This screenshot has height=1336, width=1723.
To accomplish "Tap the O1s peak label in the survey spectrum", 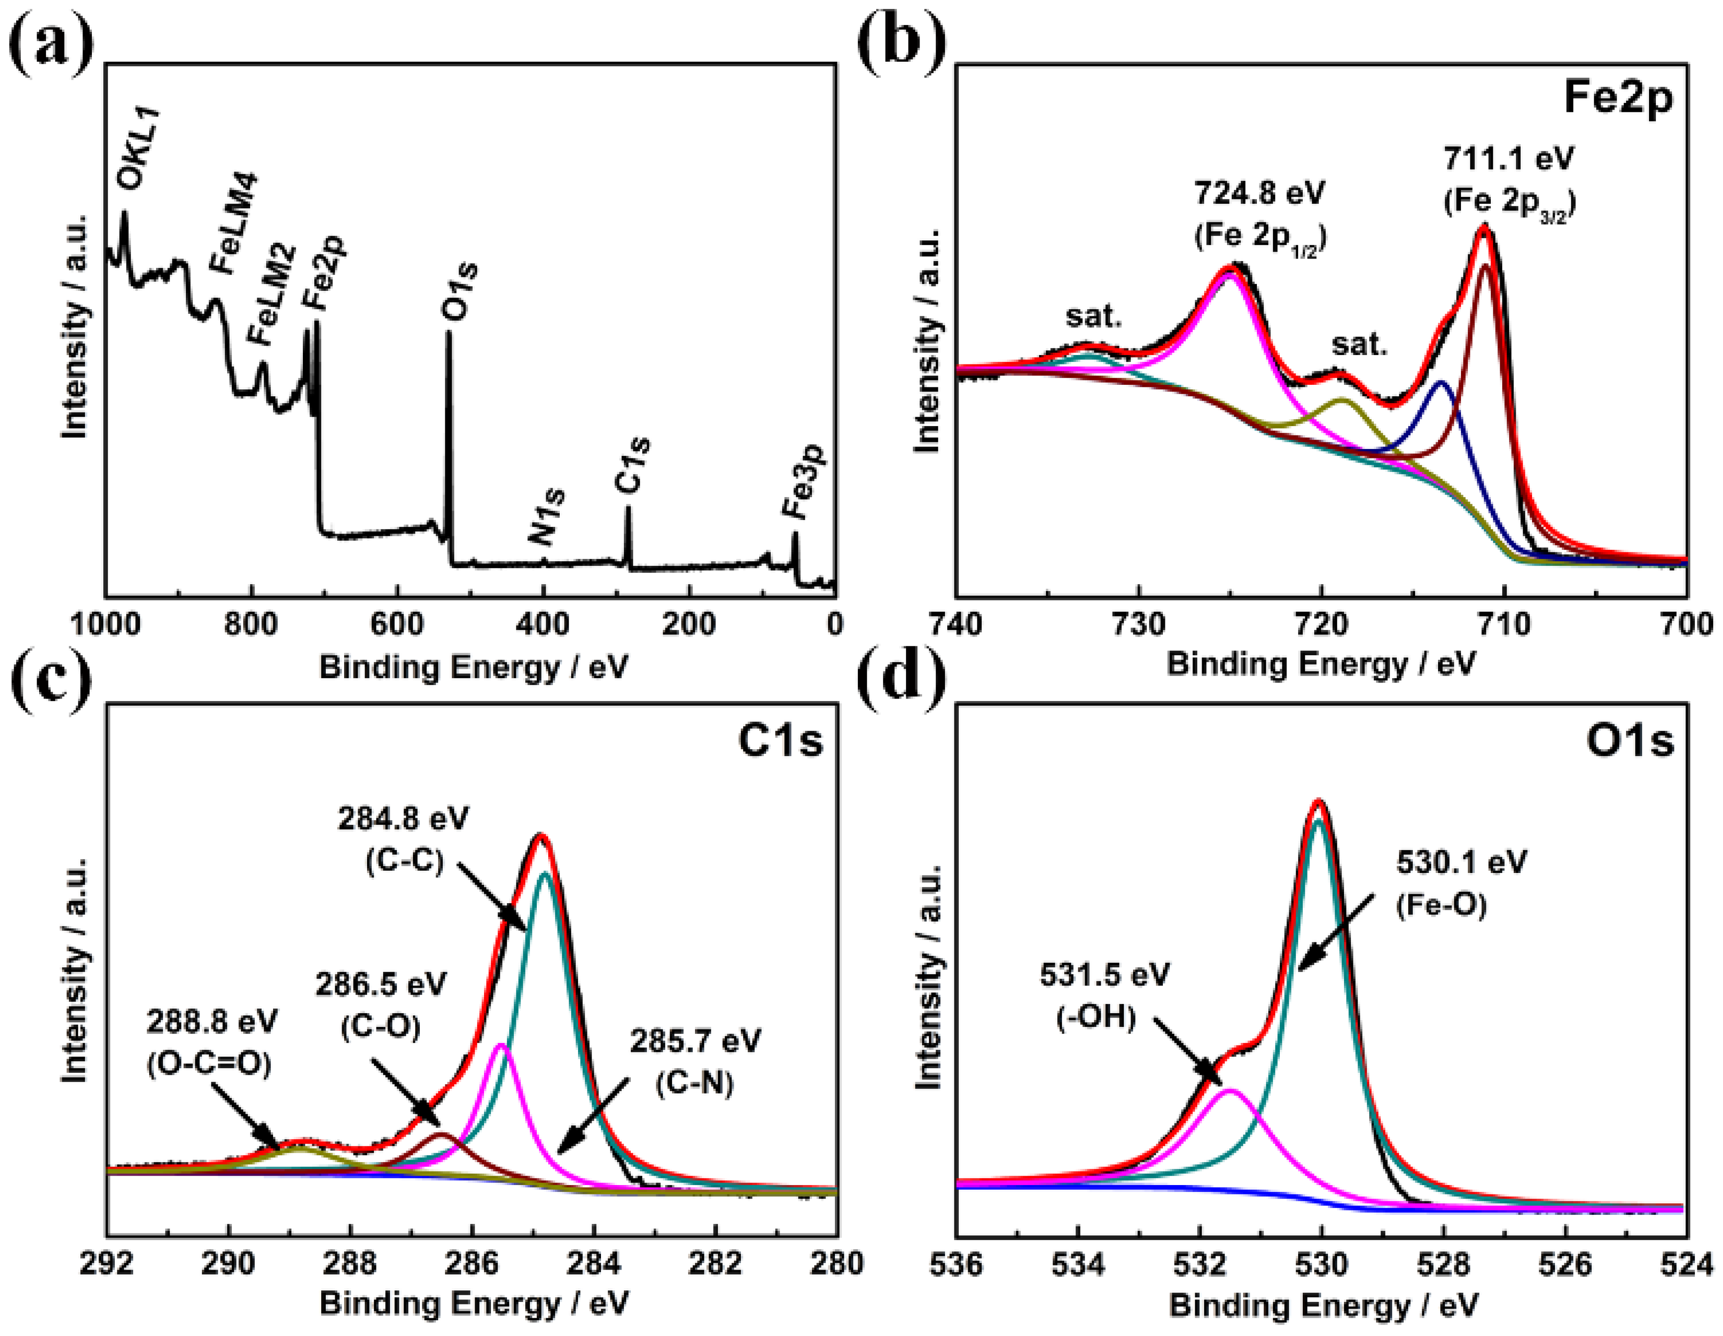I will tap(459, 292).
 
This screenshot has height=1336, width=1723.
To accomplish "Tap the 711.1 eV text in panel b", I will tap(1508, 159).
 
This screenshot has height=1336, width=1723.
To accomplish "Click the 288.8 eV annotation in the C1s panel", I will tap(211, 1023).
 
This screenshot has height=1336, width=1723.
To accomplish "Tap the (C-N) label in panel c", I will tap(694, 1084).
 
